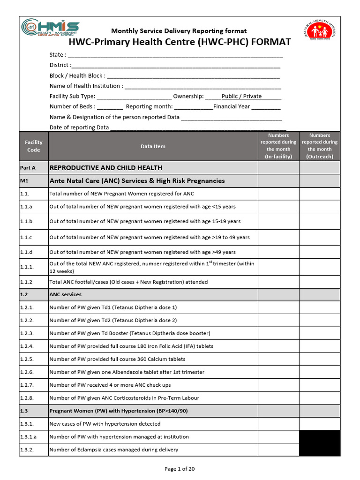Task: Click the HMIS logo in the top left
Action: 51,29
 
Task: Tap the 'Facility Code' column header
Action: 33,146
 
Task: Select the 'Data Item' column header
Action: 153,146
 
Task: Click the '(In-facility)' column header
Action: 278,146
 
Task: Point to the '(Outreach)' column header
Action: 320,146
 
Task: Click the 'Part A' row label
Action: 28,168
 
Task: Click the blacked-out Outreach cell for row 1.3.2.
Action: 320,450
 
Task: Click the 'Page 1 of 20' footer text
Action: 180,469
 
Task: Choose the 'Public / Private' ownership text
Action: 241,96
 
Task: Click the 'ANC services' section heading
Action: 65,295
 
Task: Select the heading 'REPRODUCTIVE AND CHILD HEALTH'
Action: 106,168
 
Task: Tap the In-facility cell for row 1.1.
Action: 278,194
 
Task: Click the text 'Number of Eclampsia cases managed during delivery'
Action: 114,450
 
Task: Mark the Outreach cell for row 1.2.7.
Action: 320,385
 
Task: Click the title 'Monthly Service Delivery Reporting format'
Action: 179,31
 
